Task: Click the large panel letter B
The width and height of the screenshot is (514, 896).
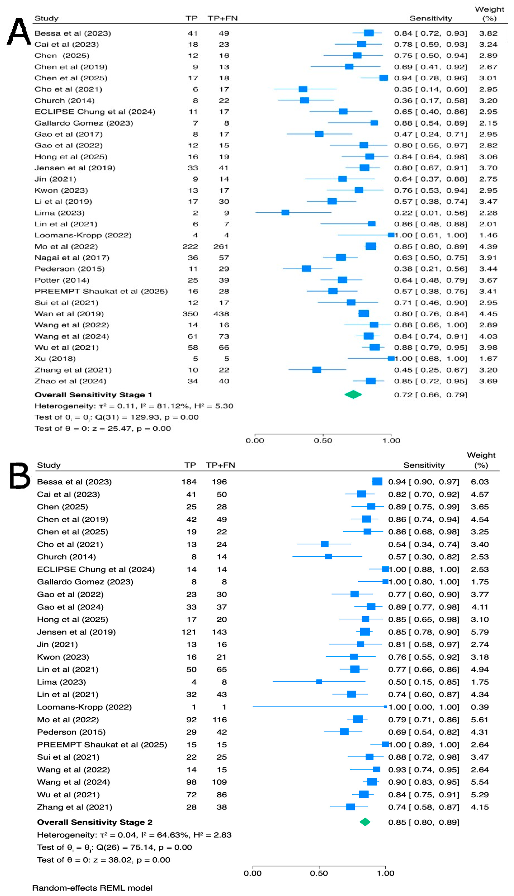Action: [x=20, y=476]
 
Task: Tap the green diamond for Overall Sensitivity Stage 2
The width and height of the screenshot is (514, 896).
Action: [x=365, y=822]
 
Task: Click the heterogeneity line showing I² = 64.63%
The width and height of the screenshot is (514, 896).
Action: [x=134, y=835]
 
